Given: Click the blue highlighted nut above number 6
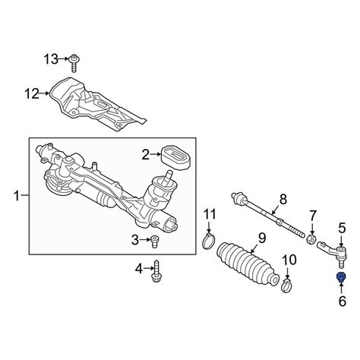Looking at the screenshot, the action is (x=341, y=277).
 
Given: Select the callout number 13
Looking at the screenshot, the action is (x=51, y=60).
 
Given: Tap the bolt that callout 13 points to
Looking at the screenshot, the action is (x=74, y=63).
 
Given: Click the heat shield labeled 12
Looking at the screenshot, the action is (x=97, y=104).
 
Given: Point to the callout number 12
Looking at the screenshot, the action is (x=32, y=93).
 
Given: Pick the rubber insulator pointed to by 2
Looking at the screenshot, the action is (x=176, y=157).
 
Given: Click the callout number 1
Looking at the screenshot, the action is (x=17, y=196).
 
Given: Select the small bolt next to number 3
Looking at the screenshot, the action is (x=154, y=242).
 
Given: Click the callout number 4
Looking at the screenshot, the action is (x=139, y=269).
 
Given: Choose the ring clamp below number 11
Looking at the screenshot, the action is (x=209, y=242).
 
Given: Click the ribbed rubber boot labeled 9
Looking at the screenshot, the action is (x=248, y=265).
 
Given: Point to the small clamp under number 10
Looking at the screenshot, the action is (x=286, y=285).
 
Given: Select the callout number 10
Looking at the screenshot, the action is (x=289, y=260).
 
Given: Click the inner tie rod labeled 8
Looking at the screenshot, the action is (x=268, y=216).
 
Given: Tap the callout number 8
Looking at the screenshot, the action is (x=283, y=199).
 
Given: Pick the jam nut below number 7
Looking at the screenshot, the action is (x=311, y=238).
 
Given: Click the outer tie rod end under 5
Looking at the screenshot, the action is (x=333, y=253).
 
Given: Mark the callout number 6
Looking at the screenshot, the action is (x=342, y=302).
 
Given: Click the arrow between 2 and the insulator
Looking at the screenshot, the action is (x=156, y=154).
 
